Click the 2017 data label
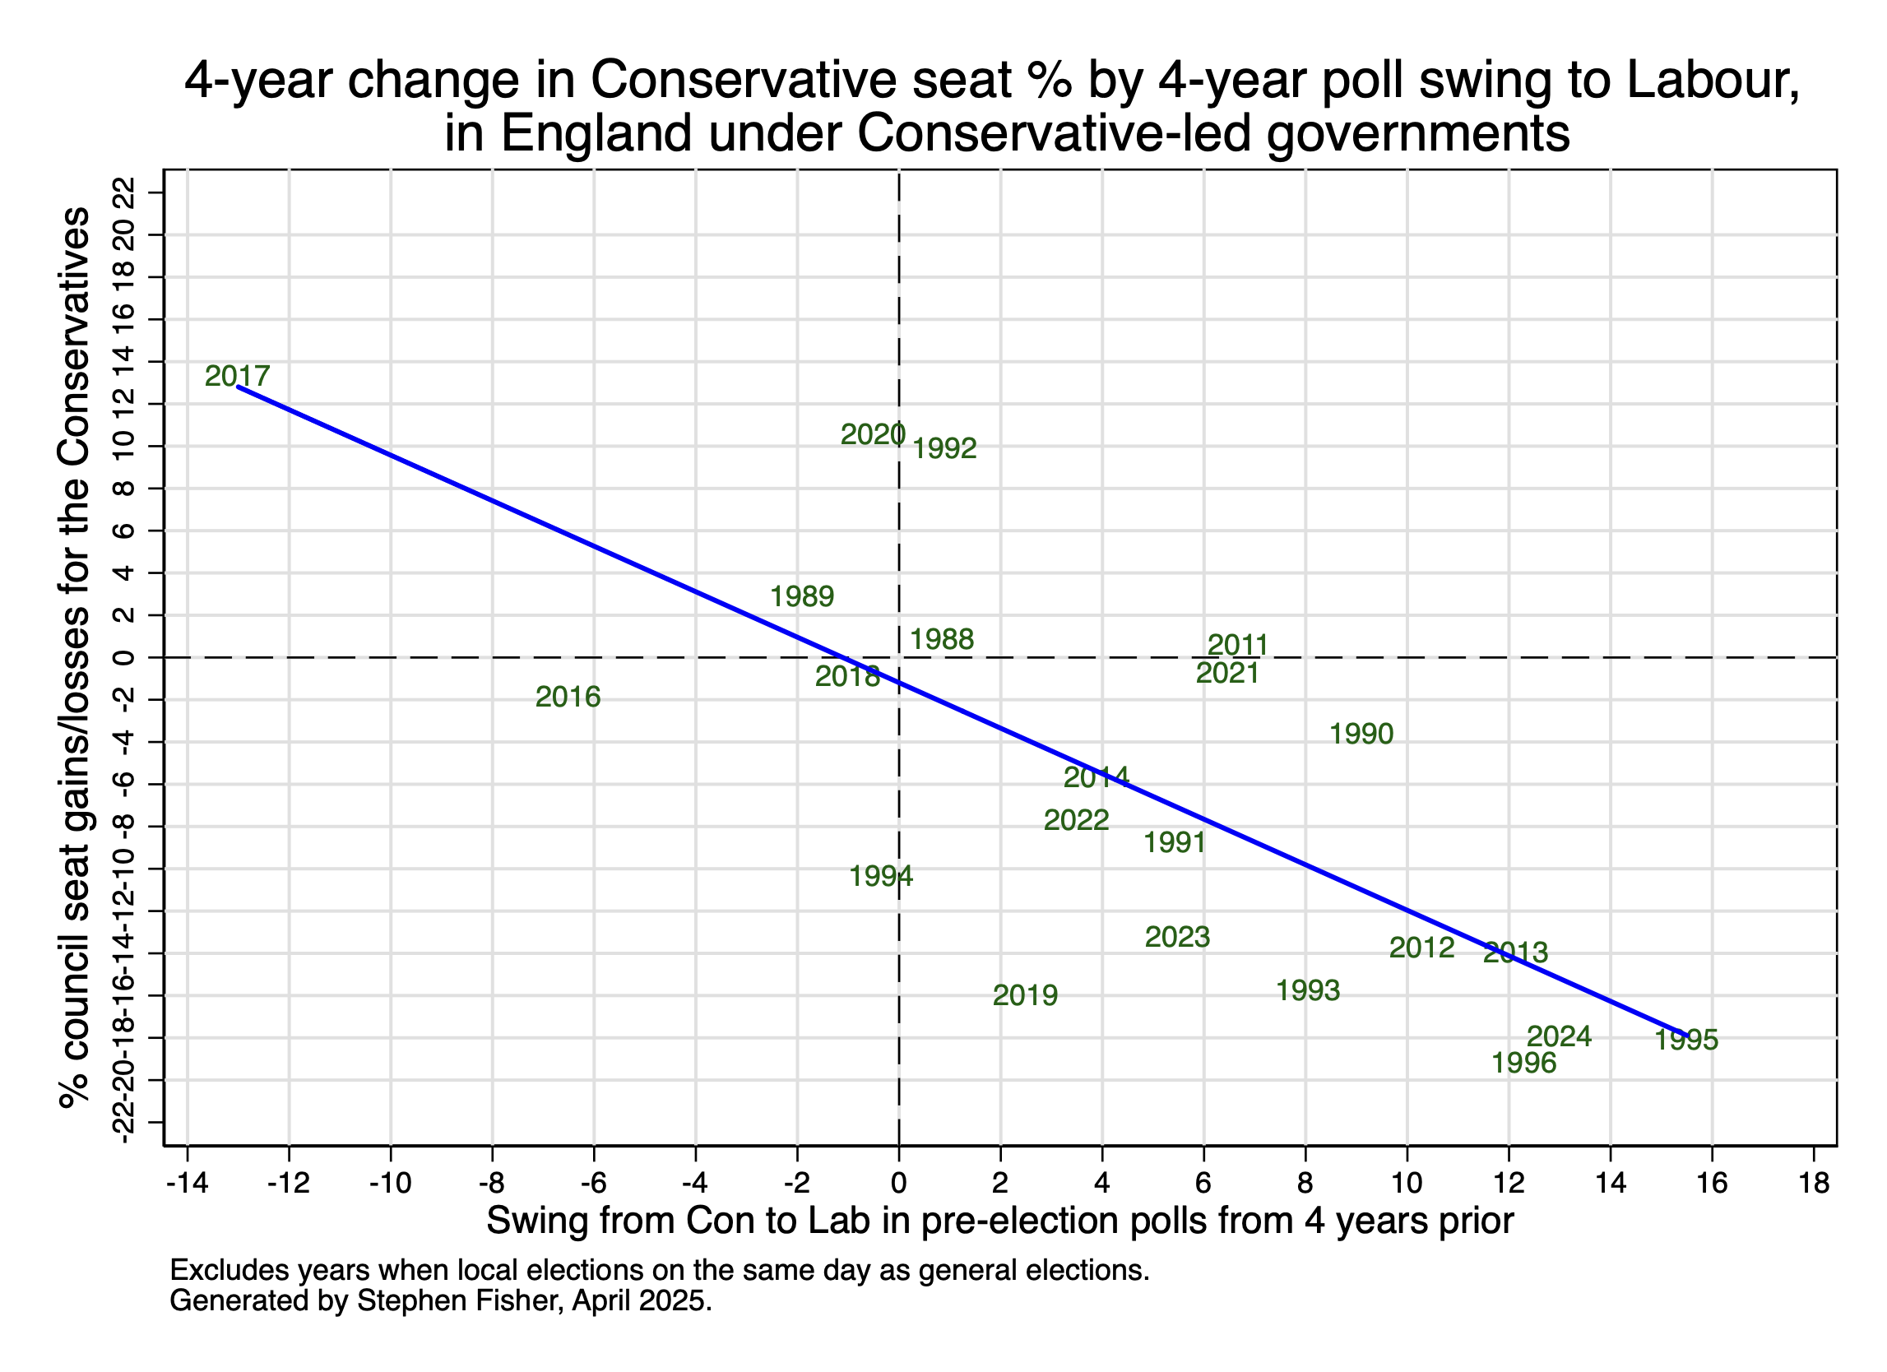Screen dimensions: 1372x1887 237,376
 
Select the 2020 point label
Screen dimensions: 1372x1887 872,434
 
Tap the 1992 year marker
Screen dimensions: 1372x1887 944,448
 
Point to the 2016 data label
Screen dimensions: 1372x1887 568,697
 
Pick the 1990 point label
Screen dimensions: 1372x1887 1361,734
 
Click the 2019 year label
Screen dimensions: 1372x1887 1025,995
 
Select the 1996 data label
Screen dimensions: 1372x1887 1523,1063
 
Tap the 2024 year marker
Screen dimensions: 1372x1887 1559,1036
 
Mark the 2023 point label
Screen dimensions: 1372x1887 1177,937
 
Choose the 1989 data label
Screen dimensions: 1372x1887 801,596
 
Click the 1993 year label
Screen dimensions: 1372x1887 1308,990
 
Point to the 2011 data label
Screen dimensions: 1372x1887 1238,645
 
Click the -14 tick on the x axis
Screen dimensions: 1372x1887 188,1182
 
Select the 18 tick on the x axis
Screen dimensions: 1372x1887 1814,1182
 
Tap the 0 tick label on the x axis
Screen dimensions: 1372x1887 898,1182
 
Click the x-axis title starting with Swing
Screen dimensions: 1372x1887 1000,1221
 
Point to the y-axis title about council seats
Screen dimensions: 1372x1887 75,657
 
